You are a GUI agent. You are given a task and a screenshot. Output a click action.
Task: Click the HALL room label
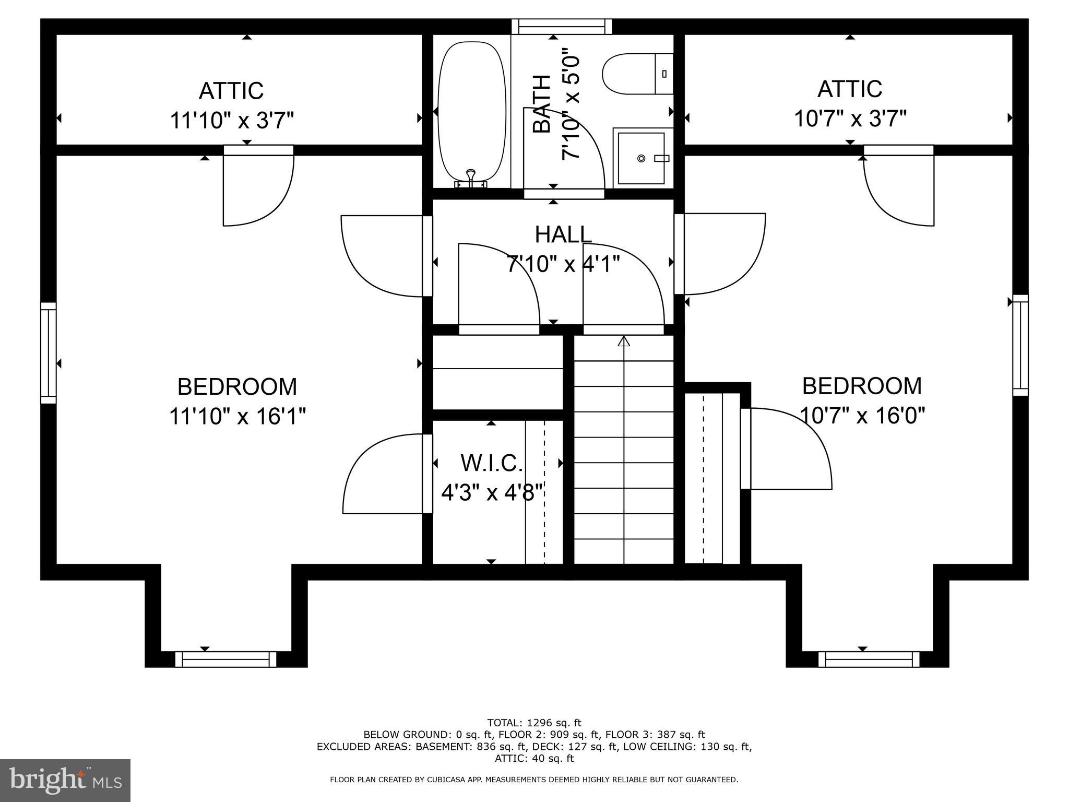coord(563,235)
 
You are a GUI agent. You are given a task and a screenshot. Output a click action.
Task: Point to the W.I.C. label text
coord(491,463)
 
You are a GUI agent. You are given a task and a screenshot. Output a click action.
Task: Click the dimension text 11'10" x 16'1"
coord(237,417)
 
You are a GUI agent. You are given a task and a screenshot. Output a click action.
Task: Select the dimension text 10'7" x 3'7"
coord(850,119)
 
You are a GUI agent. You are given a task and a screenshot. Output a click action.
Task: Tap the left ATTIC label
coord(231,91)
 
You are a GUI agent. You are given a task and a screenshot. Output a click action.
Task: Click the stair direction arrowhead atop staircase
coord(624,341)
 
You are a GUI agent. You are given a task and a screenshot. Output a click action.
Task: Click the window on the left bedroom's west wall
coord(49,353)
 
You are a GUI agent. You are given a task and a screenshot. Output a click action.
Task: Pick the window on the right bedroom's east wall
coord(1020,346)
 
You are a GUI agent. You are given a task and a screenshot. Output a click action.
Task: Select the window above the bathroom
coord(562,27)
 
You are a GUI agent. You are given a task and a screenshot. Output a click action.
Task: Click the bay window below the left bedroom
coord(225,659)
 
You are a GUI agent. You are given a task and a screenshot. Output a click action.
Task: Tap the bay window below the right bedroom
coord(869,659)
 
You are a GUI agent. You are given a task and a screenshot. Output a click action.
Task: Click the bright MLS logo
coord(65,780)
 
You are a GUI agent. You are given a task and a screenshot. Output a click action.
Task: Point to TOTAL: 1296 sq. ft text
coord(534,723)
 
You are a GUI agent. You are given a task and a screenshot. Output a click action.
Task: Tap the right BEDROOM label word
coord(862,386)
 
